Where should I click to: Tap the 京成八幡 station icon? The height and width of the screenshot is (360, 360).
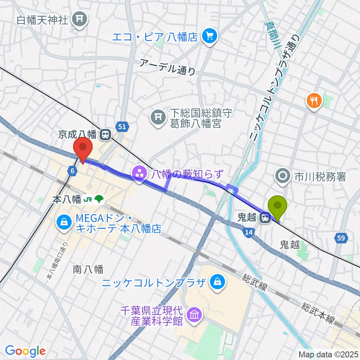(x=106, y=134)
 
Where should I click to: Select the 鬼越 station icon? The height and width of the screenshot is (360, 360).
(x=266, y=217)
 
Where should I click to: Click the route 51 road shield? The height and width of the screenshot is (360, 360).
(x=121, y=127)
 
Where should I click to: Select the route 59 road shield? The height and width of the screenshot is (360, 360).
(x=342, y=238)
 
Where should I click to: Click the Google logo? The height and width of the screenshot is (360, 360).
(x=25, y=351)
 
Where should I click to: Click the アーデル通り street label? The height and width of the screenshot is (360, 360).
(x=167, y=67)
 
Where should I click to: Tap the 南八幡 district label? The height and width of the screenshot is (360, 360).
(x=88, y=268)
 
